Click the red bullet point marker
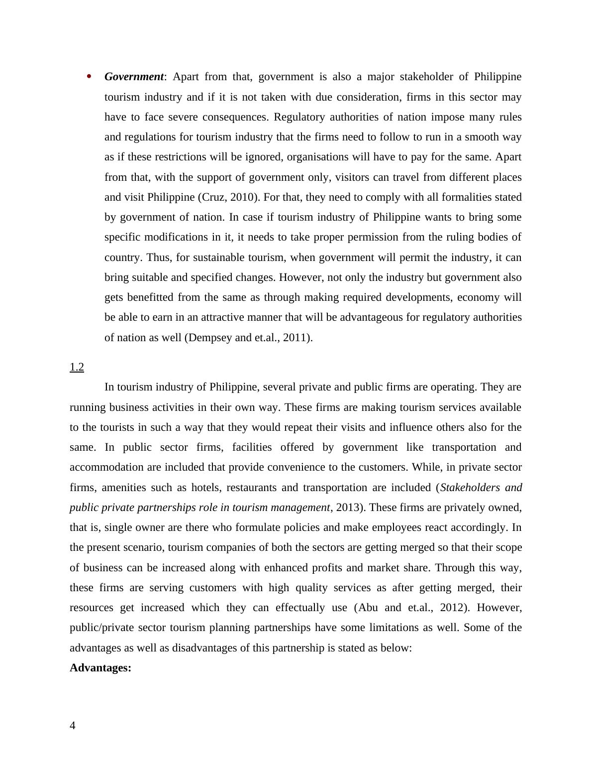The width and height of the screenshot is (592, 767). point(90,76)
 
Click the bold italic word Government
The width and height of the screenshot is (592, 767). point(134,77)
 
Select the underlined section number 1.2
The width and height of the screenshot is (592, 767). point(77,367)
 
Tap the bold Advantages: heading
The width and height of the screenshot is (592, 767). point(100,668)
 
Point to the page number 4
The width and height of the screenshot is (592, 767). point(73,726)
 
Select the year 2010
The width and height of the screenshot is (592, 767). point(242,197)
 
